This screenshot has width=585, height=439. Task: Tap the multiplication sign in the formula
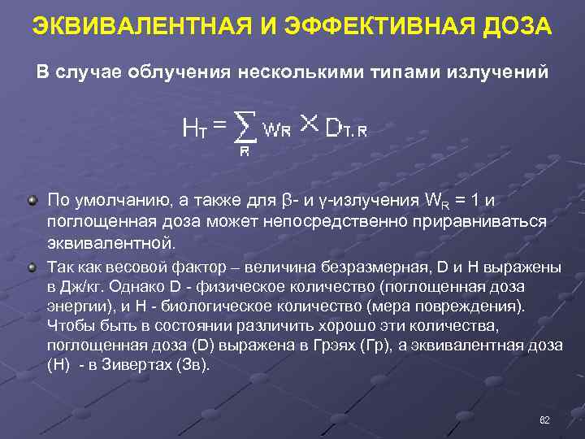click(x=308, y=123)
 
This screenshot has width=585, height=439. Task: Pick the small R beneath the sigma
click(x=244, y=150)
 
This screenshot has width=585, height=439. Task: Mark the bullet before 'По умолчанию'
click(x=32, y=200)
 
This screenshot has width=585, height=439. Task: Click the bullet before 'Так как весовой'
click(x=32, y=267)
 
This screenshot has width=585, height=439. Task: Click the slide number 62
click(x=544, y=419)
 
